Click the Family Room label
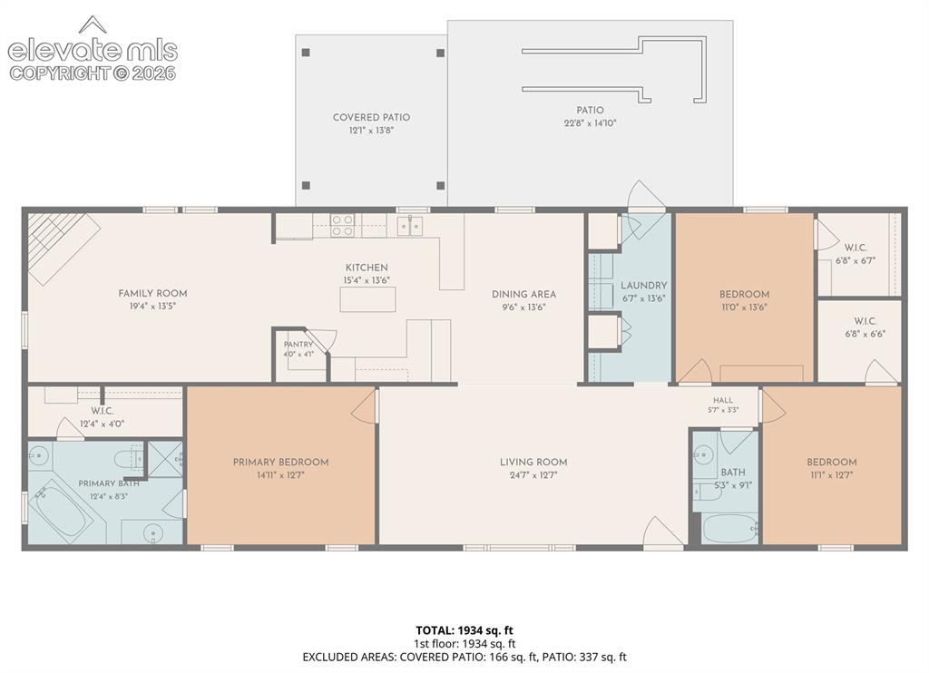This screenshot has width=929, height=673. tap(152, 293)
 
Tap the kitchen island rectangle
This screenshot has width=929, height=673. tap(367, 299)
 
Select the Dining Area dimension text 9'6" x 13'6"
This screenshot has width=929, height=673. tap(523, 307)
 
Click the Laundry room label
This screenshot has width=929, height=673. tap(644, 286)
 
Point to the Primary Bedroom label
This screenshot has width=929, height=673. tap(281, 462)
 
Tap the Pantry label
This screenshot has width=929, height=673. tap(298, 344)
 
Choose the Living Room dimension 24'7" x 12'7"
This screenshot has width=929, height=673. tap(533, 475)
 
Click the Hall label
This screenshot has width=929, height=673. tap(723, 400)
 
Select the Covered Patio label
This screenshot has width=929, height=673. tap(371, 117)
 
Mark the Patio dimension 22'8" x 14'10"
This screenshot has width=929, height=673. tap(590, 123)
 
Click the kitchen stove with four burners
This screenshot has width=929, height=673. tap(342, 225)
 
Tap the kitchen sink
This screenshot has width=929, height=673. tap(409, 226)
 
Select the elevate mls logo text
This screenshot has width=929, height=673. tap(93, 51)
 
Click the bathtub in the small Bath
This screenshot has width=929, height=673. tap(730, 527)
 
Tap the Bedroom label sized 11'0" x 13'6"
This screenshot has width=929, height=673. tap(744, 295)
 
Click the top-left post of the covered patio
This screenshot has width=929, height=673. tap(306, 52)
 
